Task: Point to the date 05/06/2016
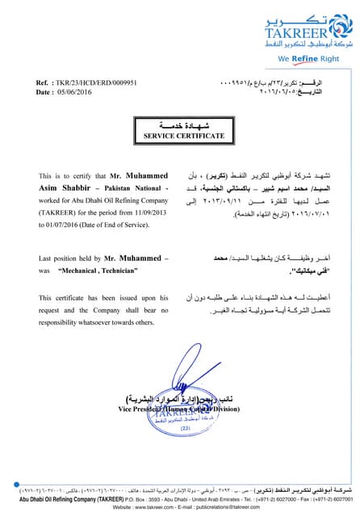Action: [76, 92]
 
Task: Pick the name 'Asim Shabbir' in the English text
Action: [64, 187]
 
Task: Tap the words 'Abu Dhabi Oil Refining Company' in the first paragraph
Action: [112, 198]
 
